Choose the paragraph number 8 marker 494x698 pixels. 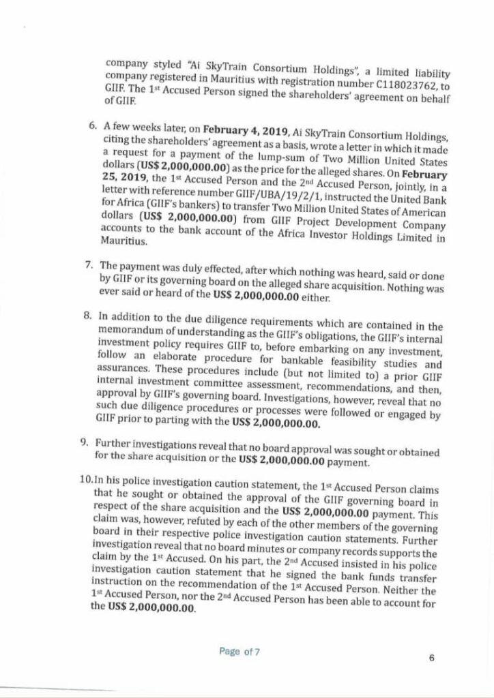point(87,317)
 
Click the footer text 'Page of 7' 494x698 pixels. point(239,652)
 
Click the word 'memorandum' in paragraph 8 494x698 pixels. point(128,331)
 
